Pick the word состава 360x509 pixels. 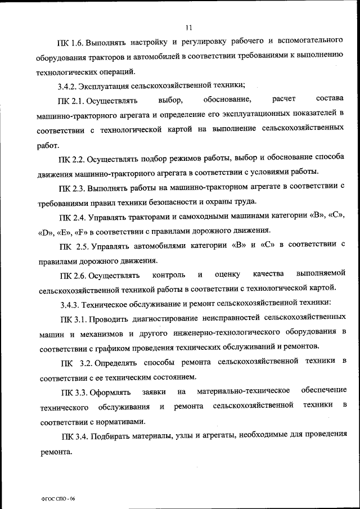[x=330, y=100]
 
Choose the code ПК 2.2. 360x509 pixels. [x=71, y=159]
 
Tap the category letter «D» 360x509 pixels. [x=45, y=230]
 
